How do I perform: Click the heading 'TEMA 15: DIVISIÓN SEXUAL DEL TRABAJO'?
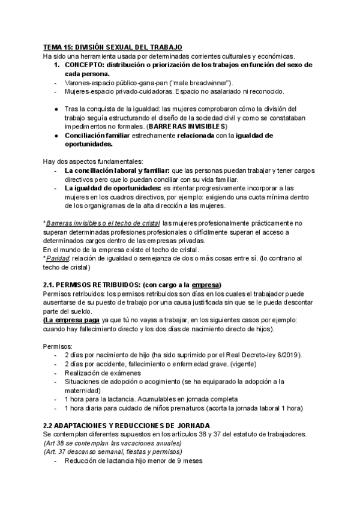(x=112, y=47)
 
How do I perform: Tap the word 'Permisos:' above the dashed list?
(x=58, y=346)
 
